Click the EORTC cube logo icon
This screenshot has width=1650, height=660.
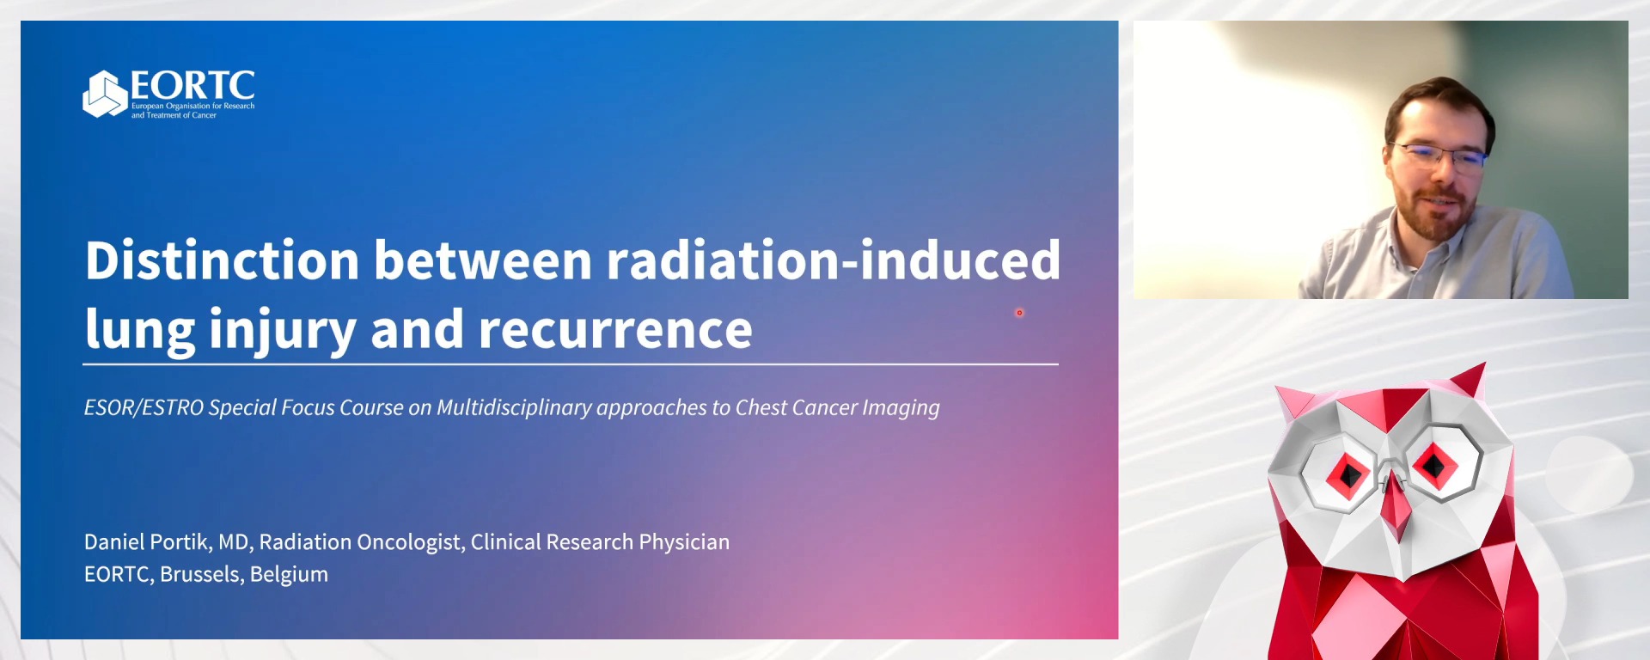point(105,94)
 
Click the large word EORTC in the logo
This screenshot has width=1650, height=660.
point(192,86)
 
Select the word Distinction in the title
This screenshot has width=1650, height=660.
point(222,260)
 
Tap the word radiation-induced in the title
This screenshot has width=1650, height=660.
point(834,260)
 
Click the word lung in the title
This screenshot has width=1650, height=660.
point(140,330)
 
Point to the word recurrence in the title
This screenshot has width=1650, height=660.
point(615,330)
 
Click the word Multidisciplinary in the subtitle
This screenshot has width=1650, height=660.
point(514,407)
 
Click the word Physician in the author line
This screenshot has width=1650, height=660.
point(684,542)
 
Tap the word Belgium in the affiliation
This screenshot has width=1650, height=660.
point(289,574)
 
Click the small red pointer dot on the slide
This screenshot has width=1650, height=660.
point(1020,313)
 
